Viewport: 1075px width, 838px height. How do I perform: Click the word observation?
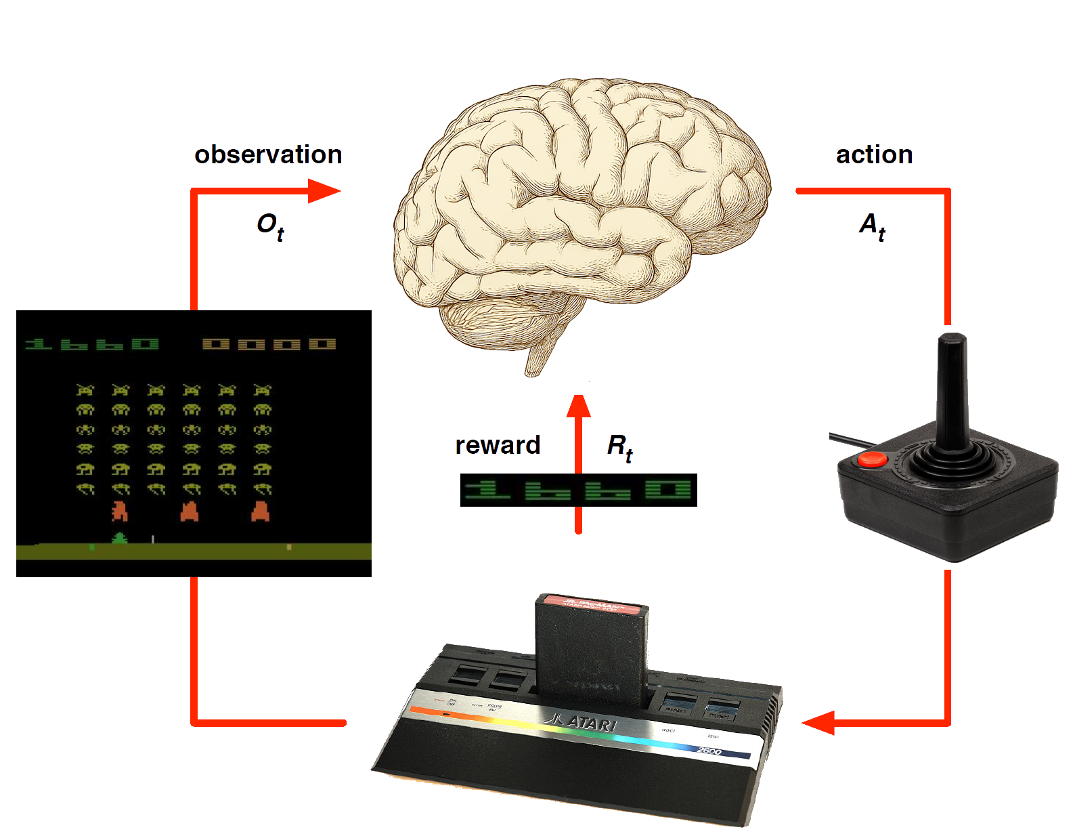pos(267,155)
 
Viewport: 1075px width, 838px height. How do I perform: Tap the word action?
pos(874,155)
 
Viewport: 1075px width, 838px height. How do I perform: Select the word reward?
pos(497,445)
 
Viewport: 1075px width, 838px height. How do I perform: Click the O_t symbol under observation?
pos(269,226)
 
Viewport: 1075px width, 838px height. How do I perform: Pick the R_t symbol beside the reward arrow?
pos(619,447)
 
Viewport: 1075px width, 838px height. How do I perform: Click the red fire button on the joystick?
pos(873,459)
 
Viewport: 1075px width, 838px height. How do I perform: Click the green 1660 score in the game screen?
pos(92,344)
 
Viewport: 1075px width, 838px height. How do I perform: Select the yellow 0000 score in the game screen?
pos(269,344)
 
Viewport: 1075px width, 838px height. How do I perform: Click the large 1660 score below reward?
pos(577,490)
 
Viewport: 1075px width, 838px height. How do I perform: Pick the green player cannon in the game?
pos(120,539)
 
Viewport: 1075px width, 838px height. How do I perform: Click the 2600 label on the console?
pos(709,751)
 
